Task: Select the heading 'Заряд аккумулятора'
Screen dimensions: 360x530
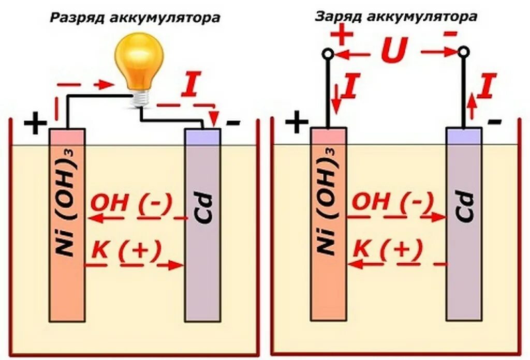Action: pyautogui.click(x=396, y=17)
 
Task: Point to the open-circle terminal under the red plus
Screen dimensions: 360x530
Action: pyautogui.click(x=327, y=53)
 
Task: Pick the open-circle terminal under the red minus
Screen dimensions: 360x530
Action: pyautogui.click(x=463, y=52)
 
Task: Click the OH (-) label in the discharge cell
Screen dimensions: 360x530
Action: pyautogui.click(x=131, y=203)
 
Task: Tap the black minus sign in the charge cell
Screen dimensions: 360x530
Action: pyautogui.click(x=494, y=122)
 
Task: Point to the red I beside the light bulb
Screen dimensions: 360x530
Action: pyautogui.click(x=190, y=86)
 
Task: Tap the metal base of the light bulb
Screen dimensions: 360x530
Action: pyautogui.click(x=140, y=97)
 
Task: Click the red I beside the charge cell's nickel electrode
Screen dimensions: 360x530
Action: pyautogui.click(x=350, y=86)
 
